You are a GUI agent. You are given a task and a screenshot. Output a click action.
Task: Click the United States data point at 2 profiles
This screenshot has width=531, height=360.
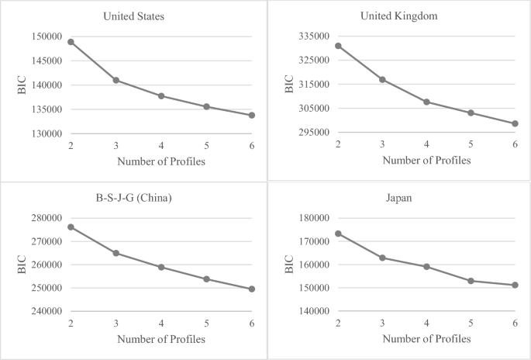coord(71,42)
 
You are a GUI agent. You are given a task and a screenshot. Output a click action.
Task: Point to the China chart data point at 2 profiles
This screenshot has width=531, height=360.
coord(71,227)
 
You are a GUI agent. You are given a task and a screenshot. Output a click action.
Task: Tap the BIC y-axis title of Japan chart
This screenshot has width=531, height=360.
coord(290,265)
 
